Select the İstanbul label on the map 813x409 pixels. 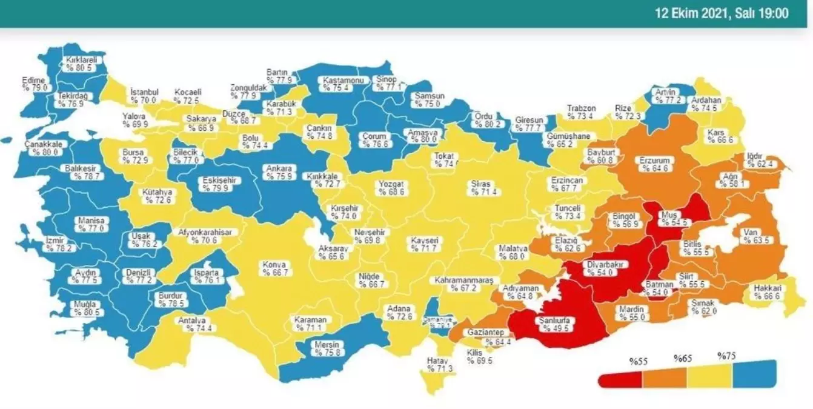click(144, 96)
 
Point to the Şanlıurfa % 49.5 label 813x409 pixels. click(548, 324)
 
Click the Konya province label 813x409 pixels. click(274, 268)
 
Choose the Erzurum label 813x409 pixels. click(655, 165)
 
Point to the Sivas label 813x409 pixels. click(482, 187)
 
